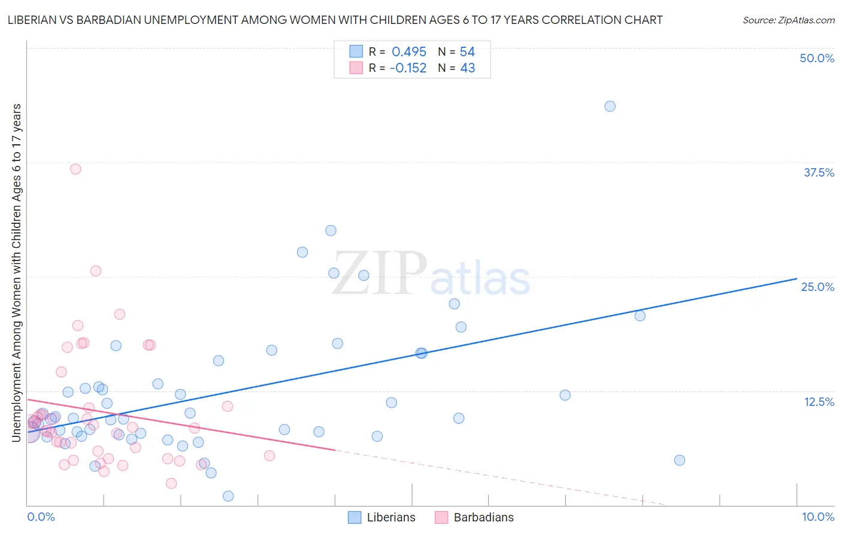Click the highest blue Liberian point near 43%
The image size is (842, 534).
click(x=610, y=106)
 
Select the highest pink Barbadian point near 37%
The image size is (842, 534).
click(x=75, y=169)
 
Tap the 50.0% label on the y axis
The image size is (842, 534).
click(x=817, y=58)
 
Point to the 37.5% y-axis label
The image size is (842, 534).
click(x=819, y=172)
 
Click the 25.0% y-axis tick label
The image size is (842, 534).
click(x=817, y=287)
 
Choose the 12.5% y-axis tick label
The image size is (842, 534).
click(x=819, y=402)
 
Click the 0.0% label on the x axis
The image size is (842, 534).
click(x=41, y=517)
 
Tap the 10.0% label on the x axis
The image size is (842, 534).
click(x=817, y=517)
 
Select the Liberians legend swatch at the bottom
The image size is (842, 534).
click(x=355, y=517)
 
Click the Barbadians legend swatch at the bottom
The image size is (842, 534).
click(x=441, y=517)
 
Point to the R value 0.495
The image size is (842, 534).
click(x=409, y=51)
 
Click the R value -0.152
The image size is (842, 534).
click(x=408, y=68)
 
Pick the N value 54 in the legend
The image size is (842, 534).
click(x=467, y=51)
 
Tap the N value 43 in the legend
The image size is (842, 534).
click(x=467, y=68)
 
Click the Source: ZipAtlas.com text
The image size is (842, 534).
click(x=788, y=20)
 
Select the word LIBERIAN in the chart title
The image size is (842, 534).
click(x=35, y=20)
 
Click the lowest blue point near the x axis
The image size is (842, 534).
click(x=228, y=496)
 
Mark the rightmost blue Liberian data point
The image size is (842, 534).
click(x=679, y=460)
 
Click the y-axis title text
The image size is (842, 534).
click(x=17, y=273)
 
